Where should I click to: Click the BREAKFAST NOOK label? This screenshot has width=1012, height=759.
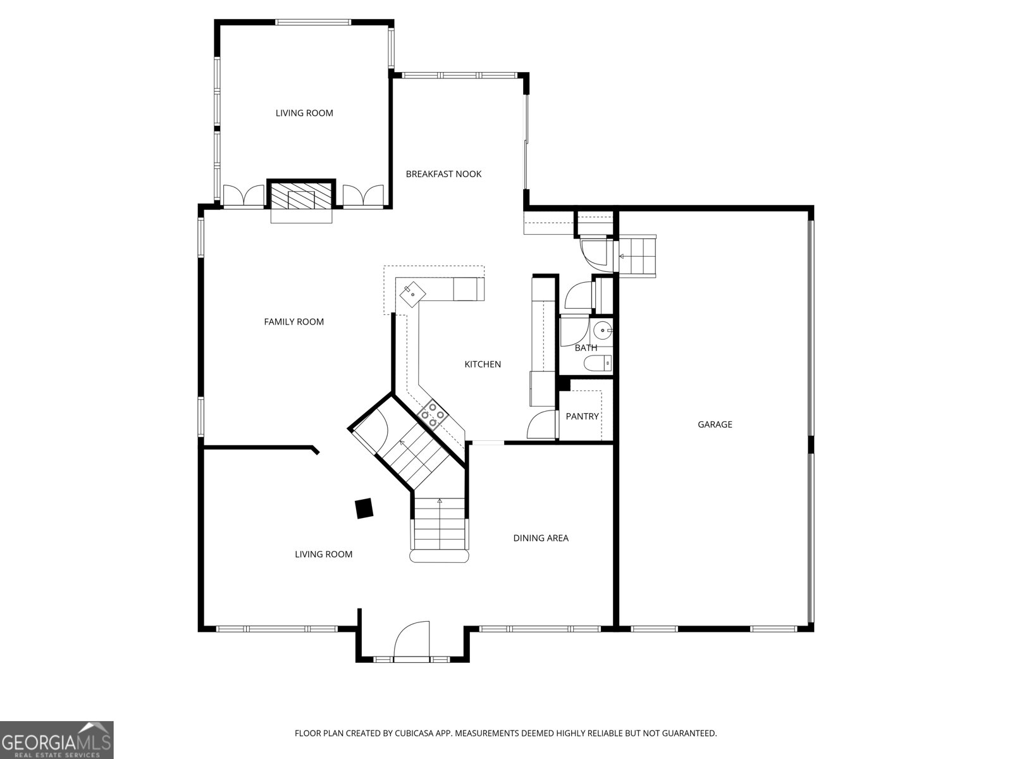(x=443, y=174)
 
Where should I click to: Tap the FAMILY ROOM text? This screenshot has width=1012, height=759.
(x=293, y=322)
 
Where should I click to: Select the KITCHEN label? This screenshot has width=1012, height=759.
(x=482, y=364)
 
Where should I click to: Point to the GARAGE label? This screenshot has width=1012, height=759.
(x=715, y=424)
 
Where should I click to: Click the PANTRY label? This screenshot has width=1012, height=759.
(x=583, y=417)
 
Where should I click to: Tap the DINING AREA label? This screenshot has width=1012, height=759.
(x=541, y=538)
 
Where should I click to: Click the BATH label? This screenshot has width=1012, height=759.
(x=586, y=348)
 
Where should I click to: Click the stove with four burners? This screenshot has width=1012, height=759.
(x=433, y=415)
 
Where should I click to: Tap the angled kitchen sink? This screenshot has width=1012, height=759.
(x=412, y=295)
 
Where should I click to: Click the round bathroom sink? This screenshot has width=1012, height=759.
(x=603, y=331)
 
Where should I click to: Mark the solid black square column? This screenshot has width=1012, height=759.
(x=364, y=509)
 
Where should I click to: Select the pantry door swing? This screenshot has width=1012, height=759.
(x=541, y=424)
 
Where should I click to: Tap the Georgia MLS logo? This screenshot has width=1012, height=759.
(x=57, y=739)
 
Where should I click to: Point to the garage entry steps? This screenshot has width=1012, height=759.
(x=636, y=256)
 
